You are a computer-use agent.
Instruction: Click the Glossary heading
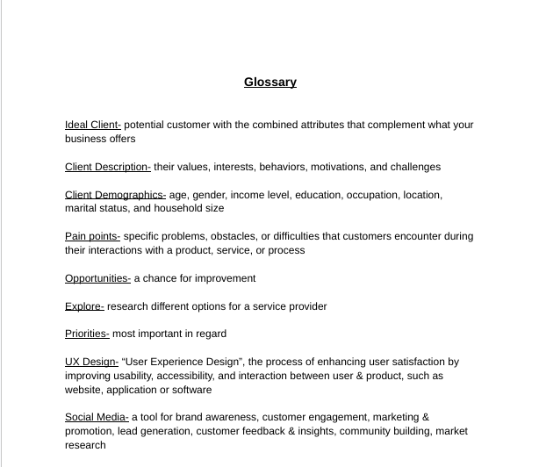tap(269, 83)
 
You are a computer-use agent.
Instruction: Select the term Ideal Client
tap(92, 125)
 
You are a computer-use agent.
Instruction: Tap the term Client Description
tap(107, 167)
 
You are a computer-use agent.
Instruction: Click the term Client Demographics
tap(115, 195)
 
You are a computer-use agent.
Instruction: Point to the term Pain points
tap(92, 236)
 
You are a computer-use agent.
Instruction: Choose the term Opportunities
tap(97, 278)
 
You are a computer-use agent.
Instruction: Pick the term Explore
tap(84, 306)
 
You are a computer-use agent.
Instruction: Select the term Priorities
tap(87, 334)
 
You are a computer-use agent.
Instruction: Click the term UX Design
tap(91, 362)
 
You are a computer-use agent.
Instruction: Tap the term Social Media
tap(97, 417)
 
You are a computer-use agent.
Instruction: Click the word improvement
tap(224, 278)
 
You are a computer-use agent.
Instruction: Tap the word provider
tap(305, 306)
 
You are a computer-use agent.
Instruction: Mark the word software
tap(191, 390)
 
